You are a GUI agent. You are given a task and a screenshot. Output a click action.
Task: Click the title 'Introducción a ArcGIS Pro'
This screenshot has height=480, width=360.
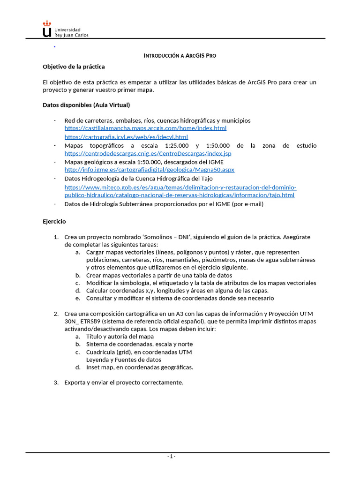click(180, 56)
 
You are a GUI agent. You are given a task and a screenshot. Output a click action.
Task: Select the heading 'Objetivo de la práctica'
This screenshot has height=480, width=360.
click(74, 67)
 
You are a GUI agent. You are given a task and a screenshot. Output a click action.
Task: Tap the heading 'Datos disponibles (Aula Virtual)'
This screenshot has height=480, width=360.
click(86, 105)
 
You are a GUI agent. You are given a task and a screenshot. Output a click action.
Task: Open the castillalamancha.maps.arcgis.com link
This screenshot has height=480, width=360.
click(145, 128)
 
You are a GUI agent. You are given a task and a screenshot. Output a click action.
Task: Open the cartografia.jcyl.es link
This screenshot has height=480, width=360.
click(126, 137)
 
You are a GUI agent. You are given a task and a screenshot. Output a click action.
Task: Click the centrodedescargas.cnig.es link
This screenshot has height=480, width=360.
click(148, 153)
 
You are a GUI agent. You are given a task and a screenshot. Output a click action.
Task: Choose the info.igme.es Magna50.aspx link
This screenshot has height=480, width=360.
click(149, 170)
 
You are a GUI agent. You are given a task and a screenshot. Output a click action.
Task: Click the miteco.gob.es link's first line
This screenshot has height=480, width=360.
click(180, 187)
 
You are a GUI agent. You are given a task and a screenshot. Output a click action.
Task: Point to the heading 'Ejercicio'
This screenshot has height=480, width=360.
click(54, 221)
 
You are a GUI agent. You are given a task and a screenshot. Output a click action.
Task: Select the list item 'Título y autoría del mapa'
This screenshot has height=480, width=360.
click(120, 337)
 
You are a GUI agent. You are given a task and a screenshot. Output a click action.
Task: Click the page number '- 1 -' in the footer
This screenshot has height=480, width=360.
click(171, 457)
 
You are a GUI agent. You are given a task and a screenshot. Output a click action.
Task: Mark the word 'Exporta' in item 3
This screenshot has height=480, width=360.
click(75, 382)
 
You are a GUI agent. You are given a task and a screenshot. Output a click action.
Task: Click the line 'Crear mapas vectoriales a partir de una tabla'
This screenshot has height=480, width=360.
click(159, 275)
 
